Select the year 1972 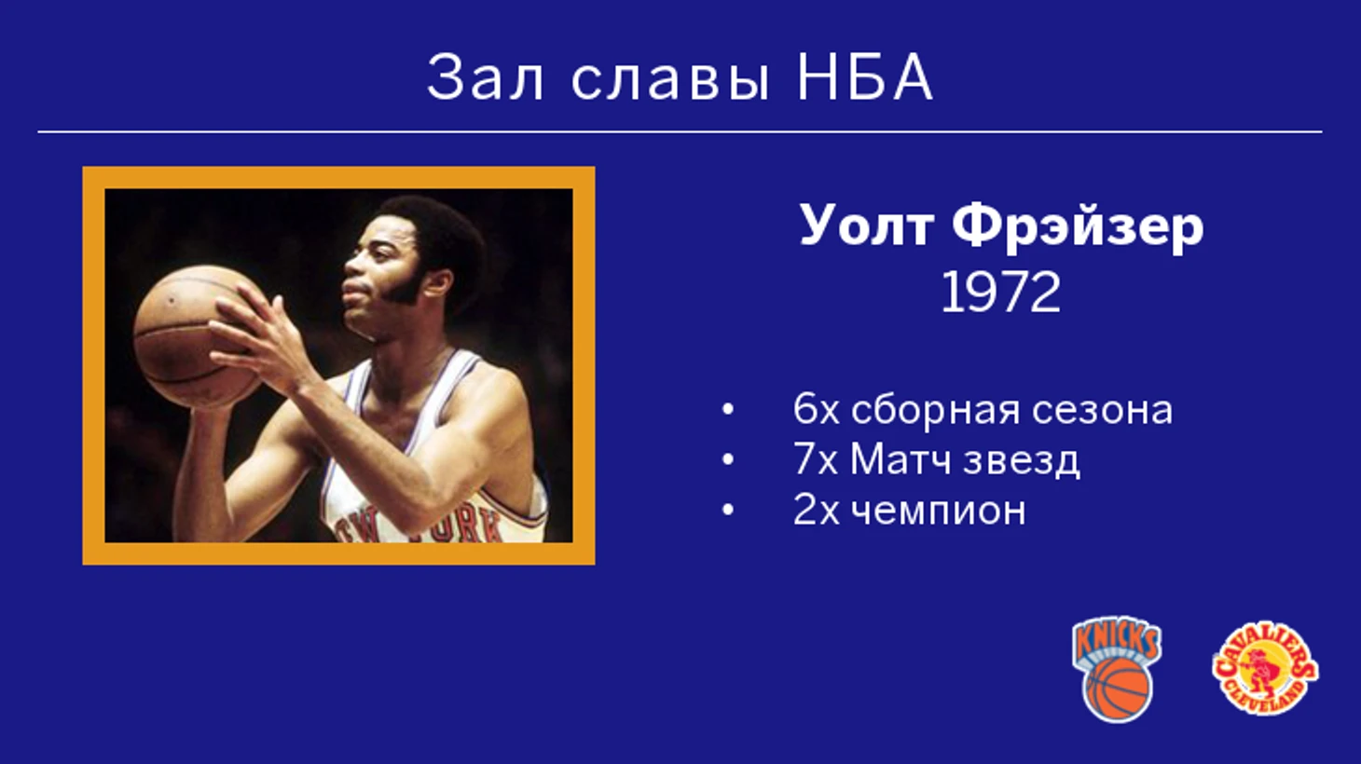point(1000,293)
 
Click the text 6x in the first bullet point(816,410)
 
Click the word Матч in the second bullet point(900,459)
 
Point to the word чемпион point(938,512)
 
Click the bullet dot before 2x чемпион point(727,511)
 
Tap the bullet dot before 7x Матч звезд point(727,460)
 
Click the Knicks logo point(1118,669)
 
